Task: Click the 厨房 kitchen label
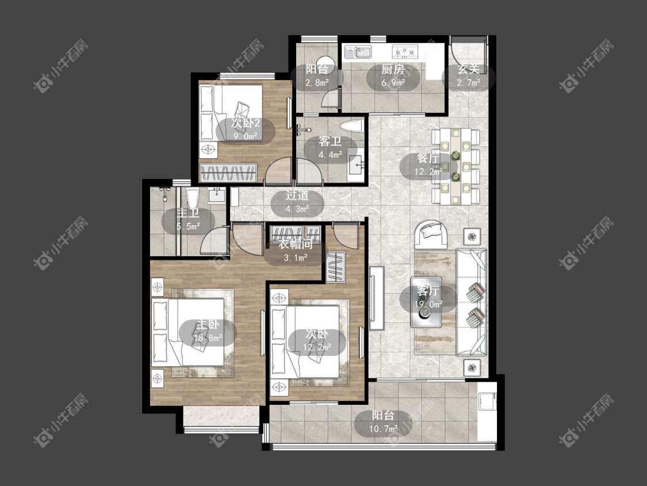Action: tap(392, 70)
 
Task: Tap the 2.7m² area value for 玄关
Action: tap(468, 83)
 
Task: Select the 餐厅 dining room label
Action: tap(428, 158)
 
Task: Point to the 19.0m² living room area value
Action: tap(428, 304)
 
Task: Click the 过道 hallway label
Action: tap(297, 195)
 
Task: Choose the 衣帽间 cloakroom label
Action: tap(296, 244)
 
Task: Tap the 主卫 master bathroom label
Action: tap(188, 213)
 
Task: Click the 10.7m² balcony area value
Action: tap(384, 428)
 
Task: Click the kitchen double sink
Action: tap(358, 52)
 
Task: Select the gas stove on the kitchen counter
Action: tap(405, 51)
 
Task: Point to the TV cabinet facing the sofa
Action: tap(376, 298)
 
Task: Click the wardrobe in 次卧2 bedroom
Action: tap(228, 172)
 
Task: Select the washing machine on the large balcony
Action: tap(487, 401)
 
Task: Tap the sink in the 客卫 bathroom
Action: tap(356, 165)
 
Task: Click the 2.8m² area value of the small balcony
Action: tap(317, 83)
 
